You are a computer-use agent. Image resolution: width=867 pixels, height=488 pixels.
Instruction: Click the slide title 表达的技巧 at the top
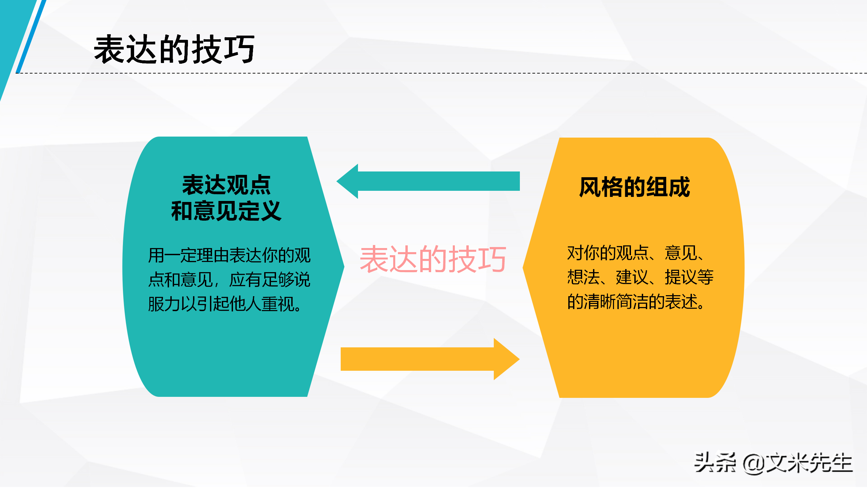coord(174,50)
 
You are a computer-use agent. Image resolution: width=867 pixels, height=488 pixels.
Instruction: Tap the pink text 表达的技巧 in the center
coord(433,260)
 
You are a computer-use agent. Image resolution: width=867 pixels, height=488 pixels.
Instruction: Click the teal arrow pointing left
coord(428,181)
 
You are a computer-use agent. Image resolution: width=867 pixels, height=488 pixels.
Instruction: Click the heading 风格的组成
coord(634,187)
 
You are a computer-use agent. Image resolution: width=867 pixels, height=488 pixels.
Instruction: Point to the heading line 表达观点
coord(226,185)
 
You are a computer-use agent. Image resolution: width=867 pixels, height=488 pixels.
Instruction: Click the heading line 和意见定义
coord(226,211)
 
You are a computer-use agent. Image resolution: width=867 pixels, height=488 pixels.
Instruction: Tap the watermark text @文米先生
coord(798,463)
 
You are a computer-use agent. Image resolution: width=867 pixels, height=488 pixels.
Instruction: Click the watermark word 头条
coord(715,463)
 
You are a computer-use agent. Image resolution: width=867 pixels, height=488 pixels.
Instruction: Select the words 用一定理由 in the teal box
coord(188,256)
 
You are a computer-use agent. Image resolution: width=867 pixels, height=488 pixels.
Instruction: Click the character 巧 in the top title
coord(240,50)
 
